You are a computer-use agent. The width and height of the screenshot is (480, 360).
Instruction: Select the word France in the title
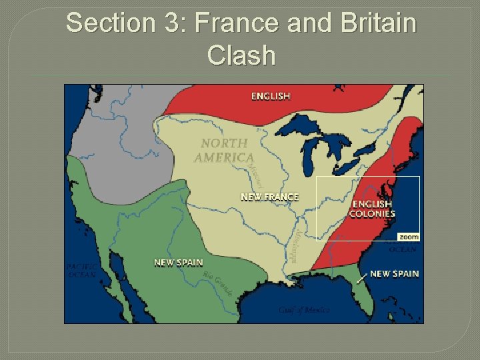click(246, 24)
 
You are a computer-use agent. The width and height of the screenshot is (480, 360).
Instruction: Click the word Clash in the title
click(241, 55)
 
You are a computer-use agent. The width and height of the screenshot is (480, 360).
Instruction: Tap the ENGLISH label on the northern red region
click(271, 96)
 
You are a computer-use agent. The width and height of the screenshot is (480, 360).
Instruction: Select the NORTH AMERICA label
click(224, 151)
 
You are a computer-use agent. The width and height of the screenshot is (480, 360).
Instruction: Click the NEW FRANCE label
click(269, 197)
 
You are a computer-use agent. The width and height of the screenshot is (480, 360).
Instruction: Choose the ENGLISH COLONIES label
click(373, 209)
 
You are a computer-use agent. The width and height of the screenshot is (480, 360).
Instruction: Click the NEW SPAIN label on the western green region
click(178, 263)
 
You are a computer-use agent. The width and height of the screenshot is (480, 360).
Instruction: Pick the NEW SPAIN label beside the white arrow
click(394, 274)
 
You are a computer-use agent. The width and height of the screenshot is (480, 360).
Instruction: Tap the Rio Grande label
click(218, 285)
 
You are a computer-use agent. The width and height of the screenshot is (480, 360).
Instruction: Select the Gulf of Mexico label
click(304, 310)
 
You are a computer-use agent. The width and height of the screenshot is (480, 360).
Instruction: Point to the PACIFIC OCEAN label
click(81, 270)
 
